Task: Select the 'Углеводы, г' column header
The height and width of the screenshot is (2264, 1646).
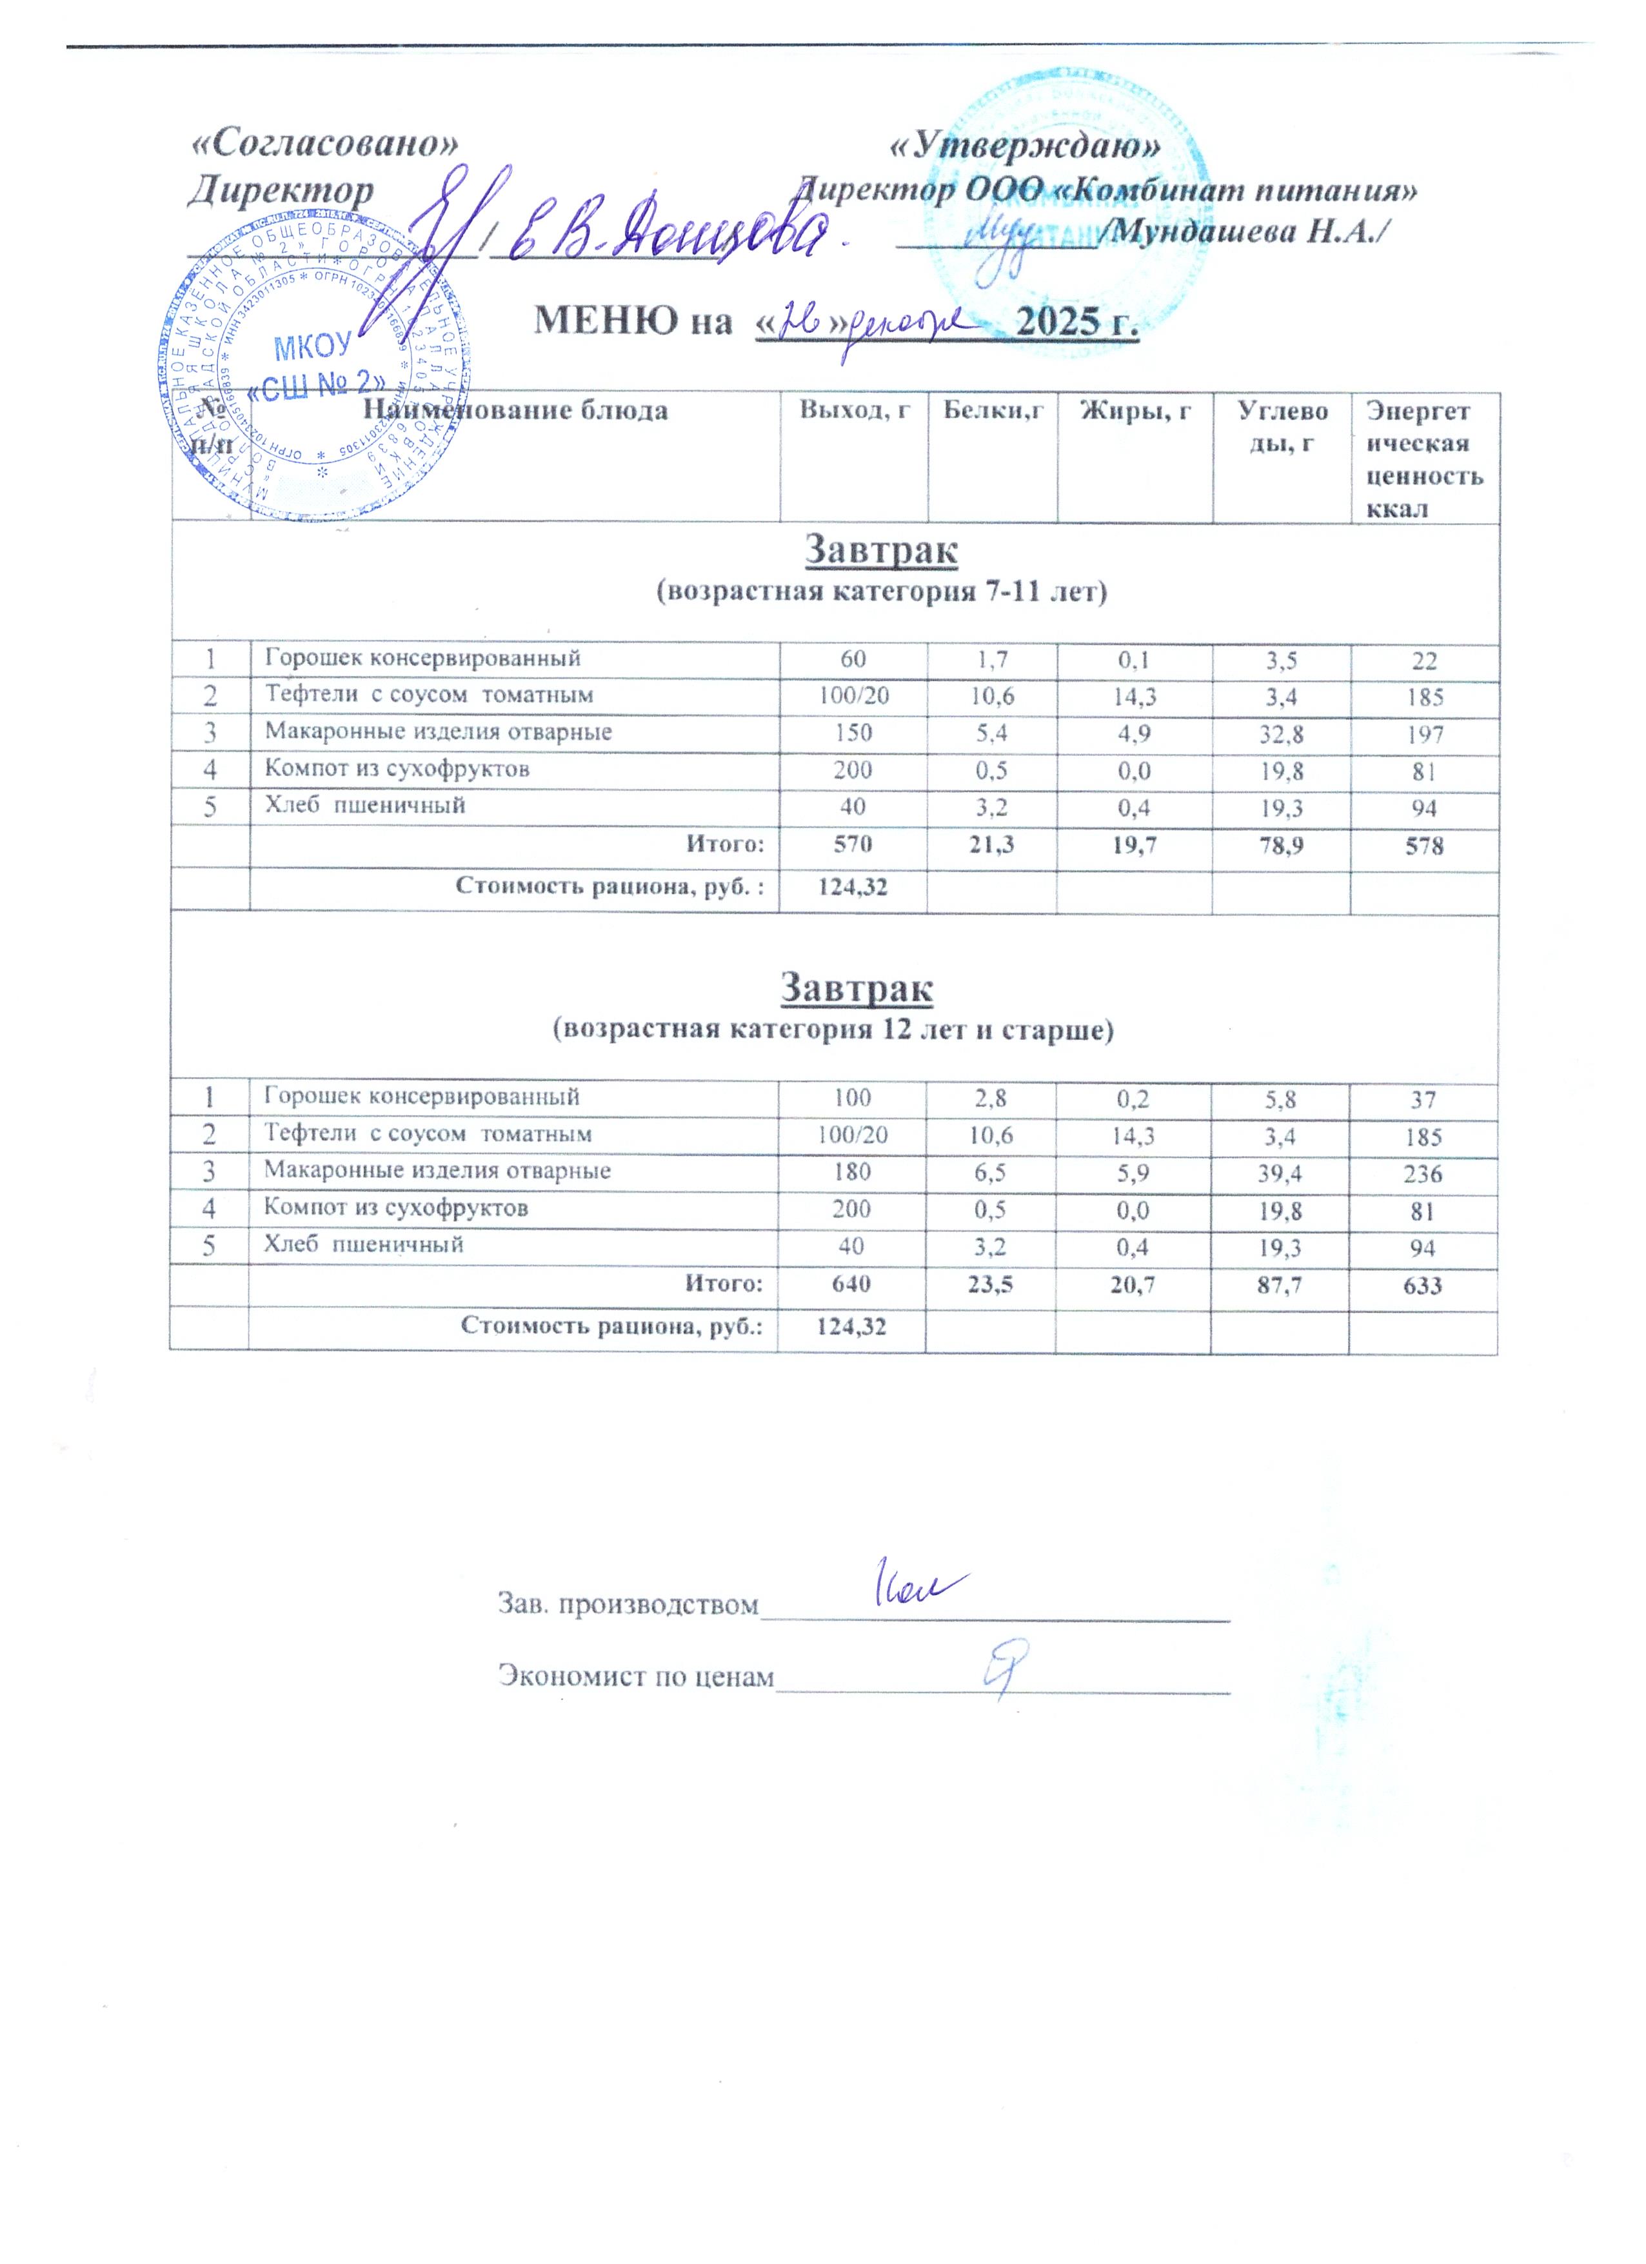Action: [x=1282, y=426]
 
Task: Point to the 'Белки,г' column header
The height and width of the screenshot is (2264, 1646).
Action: [x=992, y=410]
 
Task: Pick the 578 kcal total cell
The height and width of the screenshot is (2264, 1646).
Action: [x=1423, y=846]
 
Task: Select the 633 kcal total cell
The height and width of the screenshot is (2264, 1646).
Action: [x=1422, y=1285]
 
